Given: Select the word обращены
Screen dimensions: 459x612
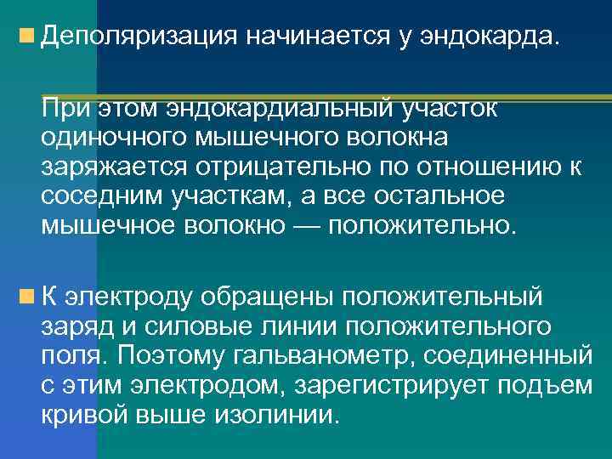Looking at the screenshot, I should click(265, 297).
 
